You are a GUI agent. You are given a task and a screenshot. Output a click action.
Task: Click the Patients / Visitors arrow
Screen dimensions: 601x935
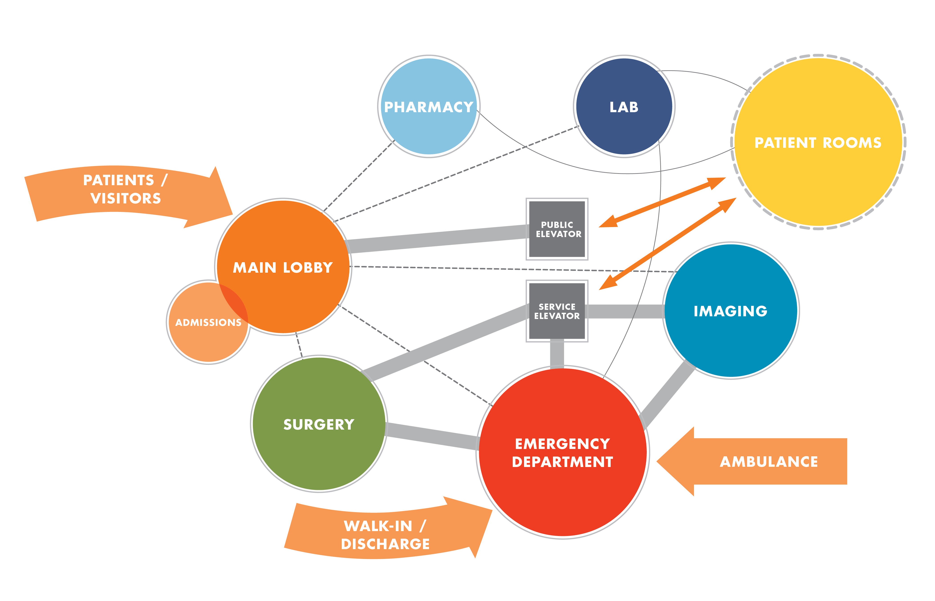(125, 191)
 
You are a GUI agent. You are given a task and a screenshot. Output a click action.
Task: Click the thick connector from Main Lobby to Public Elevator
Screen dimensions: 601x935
(437, 239)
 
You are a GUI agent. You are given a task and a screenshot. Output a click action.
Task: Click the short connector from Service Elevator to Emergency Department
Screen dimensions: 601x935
(557, 353)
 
